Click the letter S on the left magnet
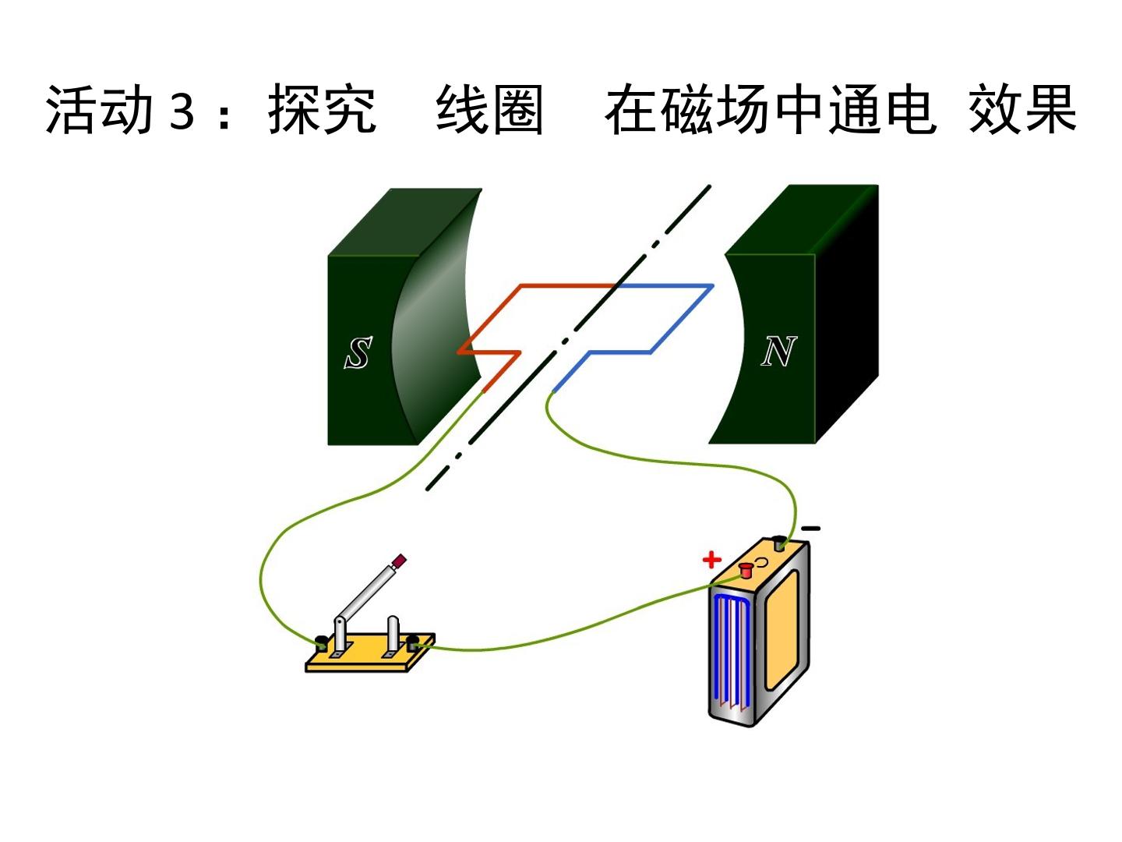tap(358, 352)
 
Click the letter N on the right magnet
tap(779, 351)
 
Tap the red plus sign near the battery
tap(711, 560)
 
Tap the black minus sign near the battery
tap(810, 528)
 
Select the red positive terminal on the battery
tap(746, 569)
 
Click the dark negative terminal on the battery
tap(780, 543)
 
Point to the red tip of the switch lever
tap(399, 561)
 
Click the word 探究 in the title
tap(322, 109)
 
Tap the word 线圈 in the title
tap(489, 109)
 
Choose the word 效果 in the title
tap(1023, 109)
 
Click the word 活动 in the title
tap(99, 109)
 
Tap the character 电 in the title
tap(909, 109)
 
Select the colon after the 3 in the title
tap(224, 116)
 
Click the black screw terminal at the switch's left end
tap(322, 642)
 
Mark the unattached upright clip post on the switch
tap(393, 635)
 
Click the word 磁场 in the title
tap(714, 109)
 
